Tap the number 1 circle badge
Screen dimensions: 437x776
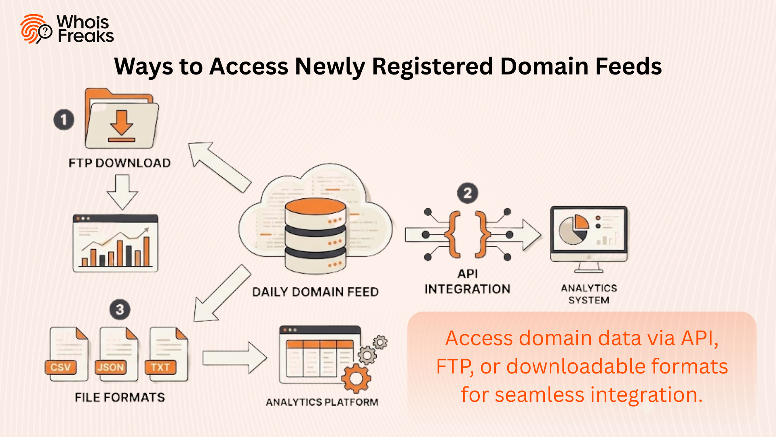click(64, 120)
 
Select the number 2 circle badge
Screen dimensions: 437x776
click(468, 193)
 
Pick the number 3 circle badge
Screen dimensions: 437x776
click(120, 310)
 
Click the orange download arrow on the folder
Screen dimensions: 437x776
click(121, 123)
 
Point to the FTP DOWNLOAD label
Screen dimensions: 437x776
click(120, 163)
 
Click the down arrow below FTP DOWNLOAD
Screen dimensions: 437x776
click(122, 191)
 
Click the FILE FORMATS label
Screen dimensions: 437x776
click(120, 397)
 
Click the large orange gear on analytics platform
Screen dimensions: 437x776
click(356, 378)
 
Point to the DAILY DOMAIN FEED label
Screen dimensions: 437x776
click(315, 292)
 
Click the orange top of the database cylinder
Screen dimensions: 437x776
click(315, 207)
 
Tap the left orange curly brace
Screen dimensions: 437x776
click(453, 235)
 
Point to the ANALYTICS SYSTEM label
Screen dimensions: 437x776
click(589, 294)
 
